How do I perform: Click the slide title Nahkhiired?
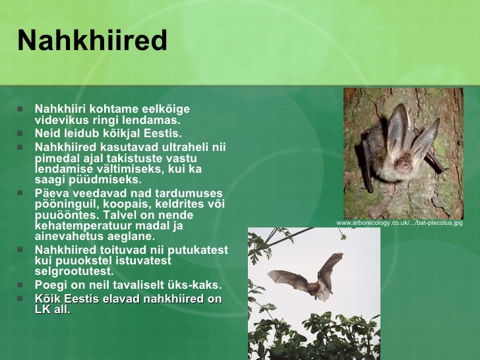(x=92, y=40)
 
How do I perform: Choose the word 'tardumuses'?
(x=189, y=193)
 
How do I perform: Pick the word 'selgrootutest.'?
(x=74, y=271)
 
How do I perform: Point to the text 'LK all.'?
(x=53, y=309)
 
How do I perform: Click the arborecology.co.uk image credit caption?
(x=400, y=223)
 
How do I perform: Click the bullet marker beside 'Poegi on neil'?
(x=20, y=285)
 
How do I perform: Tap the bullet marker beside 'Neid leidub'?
(x=20, y=133)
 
